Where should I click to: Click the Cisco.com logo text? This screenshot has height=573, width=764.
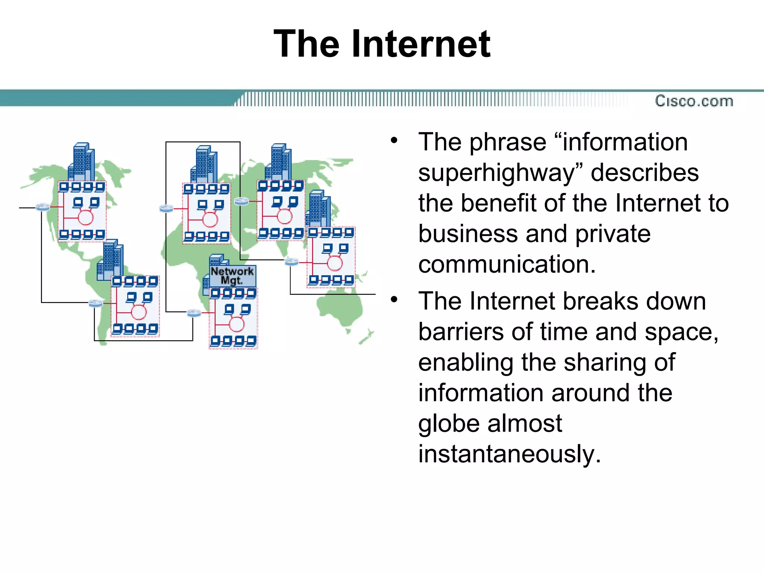(694, 101)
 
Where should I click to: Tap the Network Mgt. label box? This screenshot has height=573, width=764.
(232, 276)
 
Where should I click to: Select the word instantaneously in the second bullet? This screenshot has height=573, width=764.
(509, 454)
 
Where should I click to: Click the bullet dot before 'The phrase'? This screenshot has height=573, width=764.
(394, 141)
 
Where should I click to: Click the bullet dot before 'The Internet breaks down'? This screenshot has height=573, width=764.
(394, 300)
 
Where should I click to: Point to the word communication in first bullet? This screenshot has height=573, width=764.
(507, 264)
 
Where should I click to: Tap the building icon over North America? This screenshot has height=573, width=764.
(81, 162)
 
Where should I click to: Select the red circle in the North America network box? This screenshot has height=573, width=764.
(86, 217)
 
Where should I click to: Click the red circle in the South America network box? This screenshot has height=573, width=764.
(139, 312)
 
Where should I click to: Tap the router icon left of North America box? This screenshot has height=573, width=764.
(43, 207)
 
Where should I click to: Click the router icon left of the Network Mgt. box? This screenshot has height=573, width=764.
(194, 313)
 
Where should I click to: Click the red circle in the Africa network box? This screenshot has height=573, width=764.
(237, 324)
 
